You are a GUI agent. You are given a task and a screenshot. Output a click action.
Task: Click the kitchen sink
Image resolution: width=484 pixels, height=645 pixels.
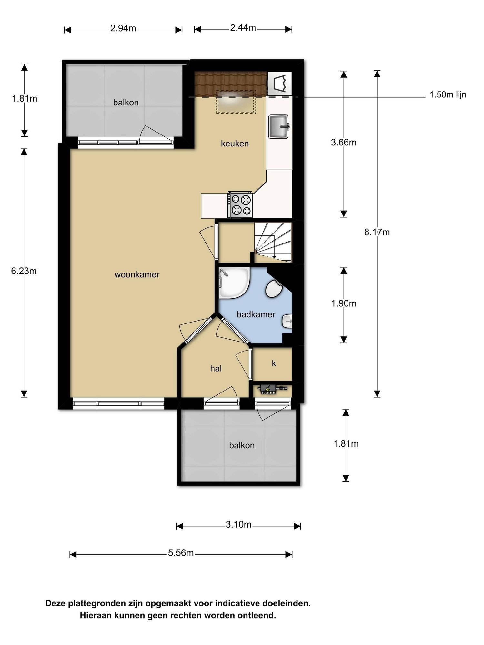point(278,126)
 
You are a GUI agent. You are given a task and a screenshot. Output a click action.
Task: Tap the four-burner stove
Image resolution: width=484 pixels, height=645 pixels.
point(240,205)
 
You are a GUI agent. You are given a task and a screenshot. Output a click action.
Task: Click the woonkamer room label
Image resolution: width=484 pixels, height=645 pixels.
point(137,275)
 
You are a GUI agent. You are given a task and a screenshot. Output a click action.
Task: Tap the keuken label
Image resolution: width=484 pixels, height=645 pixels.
point(235,144)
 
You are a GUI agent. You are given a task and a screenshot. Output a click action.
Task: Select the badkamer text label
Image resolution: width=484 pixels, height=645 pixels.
point(256,314)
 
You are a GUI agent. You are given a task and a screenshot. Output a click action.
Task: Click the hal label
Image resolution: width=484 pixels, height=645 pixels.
point(216,368)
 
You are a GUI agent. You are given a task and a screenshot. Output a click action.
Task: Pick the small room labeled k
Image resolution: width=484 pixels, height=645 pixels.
point(272,364)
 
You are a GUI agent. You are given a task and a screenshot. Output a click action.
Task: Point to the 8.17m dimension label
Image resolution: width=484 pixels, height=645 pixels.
point(377,232)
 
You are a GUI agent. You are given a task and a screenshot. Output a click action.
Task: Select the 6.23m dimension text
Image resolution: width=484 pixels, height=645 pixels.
point(24,271)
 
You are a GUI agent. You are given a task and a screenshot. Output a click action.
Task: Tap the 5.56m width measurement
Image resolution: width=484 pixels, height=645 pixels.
point(181,553)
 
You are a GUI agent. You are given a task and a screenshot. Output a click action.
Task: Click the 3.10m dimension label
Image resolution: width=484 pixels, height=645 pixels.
point(238,525)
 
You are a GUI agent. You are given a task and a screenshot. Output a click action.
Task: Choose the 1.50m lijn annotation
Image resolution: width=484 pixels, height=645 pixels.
point(448,95)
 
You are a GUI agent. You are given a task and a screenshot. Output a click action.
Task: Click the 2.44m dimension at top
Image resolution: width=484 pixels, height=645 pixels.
point(243,28)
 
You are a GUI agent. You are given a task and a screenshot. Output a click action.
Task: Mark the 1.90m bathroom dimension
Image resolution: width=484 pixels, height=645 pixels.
point(344,303)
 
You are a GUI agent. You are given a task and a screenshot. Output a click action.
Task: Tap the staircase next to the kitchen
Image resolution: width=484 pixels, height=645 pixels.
point(273,243)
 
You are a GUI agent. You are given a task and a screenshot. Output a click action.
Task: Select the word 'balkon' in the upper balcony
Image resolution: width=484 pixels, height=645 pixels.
point(126,103)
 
